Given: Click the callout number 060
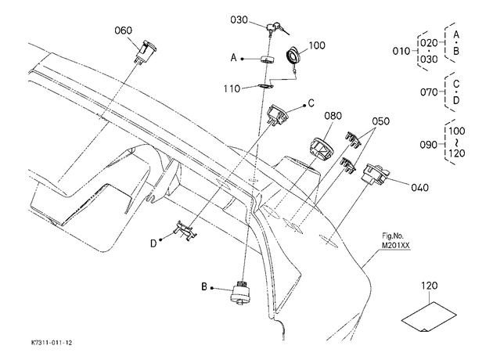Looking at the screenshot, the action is coord(124,31).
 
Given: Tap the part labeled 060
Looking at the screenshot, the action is coord(146,51).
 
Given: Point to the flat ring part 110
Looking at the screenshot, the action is coord(264,85).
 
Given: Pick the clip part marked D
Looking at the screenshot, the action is coord(185,231).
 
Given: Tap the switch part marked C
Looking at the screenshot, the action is coord(277,115).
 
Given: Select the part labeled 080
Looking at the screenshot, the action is coord(321,149).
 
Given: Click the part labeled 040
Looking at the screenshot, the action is coord(376,174).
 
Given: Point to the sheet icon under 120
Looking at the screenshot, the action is coord(429,317).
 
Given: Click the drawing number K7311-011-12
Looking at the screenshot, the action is coord(52,343).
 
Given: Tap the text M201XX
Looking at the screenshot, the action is coord(396,246).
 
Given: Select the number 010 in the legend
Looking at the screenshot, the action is coord(401,51).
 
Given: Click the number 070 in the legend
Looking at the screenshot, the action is coord(429,92).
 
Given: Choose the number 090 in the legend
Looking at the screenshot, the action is coord(429,145).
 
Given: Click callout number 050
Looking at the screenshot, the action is coord(381,121).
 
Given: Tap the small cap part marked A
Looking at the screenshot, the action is coord(267,59).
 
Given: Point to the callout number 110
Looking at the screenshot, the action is coord(232,89).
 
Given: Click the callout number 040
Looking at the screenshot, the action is coord(419,188).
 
